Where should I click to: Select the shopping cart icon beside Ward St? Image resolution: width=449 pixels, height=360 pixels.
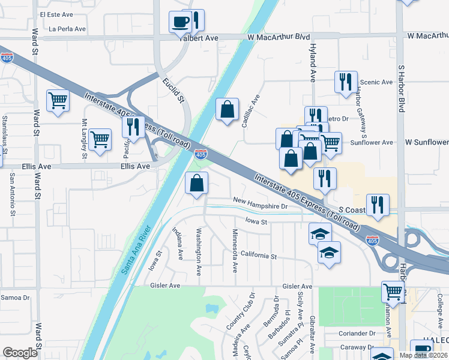(x=58, y=101)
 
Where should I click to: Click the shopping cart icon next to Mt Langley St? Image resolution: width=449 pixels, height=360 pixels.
(x=100, y=140)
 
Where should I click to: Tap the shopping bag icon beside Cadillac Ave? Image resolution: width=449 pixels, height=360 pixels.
(x=228, y=110)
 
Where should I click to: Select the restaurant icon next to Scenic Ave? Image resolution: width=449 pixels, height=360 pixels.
(x=345, y=83)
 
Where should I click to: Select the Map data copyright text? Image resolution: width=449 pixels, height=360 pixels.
(x=423, y=355)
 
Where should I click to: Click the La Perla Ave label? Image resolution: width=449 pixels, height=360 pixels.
(x=67, y=28)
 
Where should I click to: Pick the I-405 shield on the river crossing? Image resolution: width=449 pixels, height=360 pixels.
(x=201, y=155)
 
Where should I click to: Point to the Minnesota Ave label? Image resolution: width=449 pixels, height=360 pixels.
(x=234, y=248)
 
